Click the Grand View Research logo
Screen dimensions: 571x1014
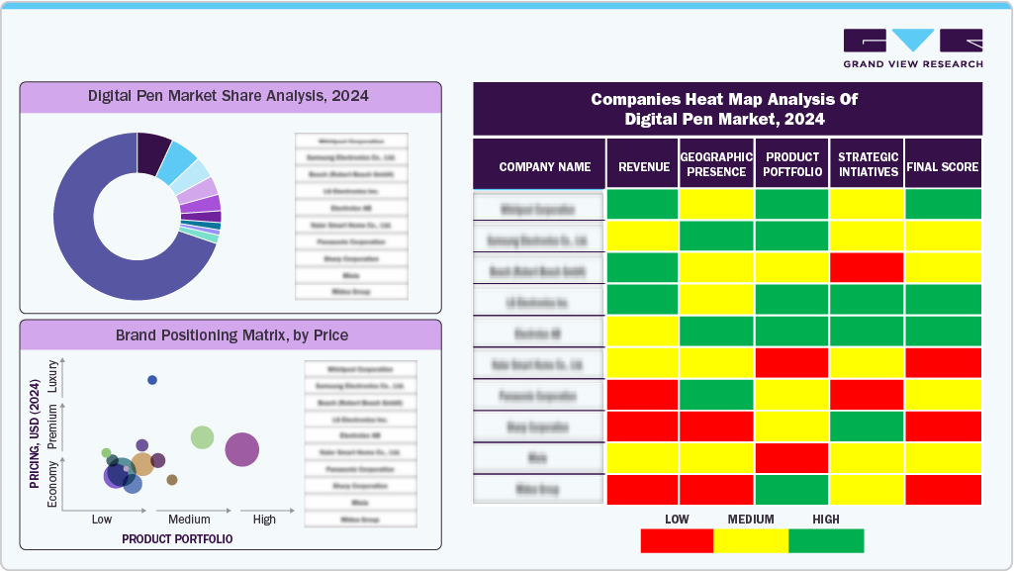point(912,48)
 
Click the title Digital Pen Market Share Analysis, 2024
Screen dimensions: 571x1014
point(229,96)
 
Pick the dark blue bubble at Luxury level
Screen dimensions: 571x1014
point(152,380)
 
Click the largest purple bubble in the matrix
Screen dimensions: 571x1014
point(242,449)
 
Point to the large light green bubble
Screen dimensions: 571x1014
point(202,437)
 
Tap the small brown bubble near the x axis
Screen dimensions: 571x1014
point(172,480)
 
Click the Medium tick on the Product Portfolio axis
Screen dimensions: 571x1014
point(189,520)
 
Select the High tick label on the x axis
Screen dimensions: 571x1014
point(264,520)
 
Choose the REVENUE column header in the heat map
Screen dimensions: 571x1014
point(643,167)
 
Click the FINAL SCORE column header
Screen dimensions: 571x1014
point(943,167)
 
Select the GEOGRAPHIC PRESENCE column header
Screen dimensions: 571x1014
point(717,164)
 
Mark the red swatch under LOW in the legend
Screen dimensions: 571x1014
point(677,540)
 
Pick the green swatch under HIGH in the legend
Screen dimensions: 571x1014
point(826,540)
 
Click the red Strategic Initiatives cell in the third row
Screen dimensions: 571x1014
point(867,268)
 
